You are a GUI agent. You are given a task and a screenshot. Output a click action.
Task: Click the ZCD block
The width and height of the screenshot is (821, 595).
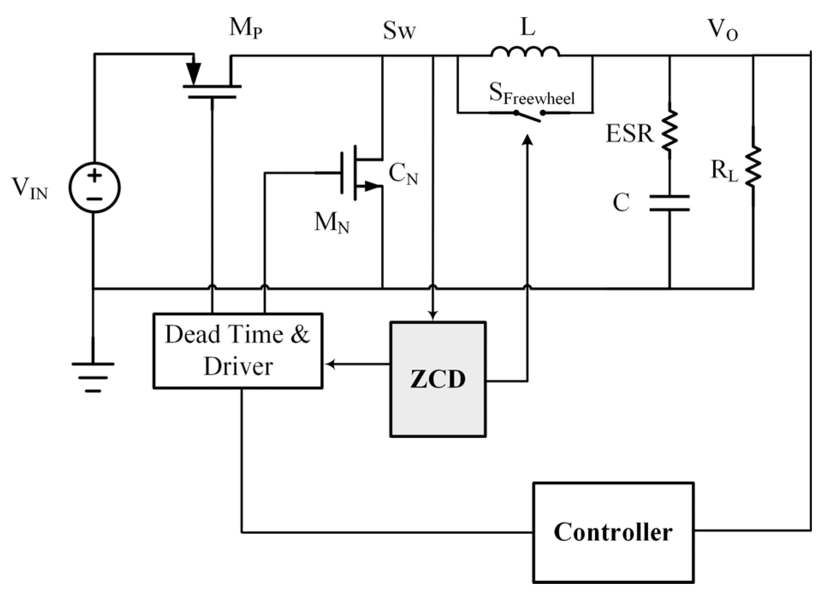[438, 379]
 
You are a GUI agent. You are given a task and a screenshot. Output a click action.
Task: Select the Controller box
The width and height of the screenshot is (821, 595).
[613, 532]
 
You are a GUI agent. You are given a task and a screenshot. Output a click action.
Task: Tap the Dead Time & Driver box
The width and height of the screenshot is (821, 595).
[238, 351]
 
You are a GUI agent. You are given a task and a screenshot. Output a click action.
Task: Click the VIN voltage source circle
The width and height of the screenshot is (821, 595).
[95, 187]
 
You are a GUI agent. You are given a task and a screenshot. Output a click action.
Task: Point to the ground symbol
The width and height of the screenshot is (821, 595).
[93, 376]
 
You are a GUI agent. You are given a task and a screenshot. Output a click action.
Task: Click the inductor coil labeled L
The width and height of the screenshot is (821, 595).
[525, 51]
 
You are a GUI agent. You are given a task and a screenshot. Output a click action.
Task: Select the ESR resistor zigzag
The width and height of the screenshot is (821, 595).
[670, 130]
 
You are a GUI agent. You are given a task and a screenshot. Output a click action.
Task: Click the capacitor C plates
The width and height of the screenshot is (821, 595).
[670, 203]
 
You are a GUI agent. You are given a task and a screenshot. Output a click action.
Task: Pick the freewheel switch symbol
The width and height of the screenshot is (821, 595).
[529, 114]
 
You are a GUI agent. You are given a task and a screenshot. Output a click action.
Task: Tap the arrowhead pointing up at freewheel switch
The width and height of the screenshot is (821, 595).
[528, 140]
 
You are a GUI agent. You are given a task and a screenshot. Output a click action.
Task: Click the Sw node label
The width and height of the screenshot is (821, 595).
[399, 31]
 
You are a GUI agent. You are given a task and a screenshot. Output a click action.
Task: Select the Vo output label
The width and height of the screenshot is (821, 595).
[722, 30]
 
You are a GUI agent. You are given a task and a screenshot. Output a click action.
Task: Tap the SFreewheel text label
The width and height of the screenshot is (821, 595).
[531, 93]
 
